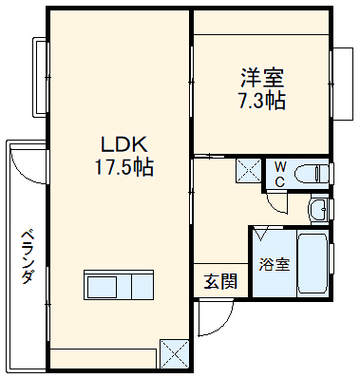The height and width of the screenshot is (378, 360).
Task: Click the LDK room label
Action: click(x=123, y=145)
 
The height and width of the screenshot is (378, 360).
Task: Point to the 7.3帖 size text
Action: click(x=261, y=101)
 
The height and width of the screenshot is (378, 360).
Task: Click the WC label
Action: click(x=280, y=174)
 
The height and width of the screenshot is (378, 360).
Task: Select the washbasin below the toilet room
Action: click(x=319, y=208)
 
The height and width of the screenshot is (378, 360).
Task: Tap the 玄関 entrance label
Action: click(x=220, y=281)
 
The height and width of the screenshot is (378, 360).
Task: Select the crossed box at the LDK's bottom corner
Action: click(x=175, y=353)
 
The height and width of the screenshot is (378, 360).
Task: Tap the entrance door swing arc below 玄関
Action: click(x=210, y=320)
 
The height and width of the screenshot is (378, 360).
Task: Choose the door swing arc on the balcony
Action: click(x=28, y=165)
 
